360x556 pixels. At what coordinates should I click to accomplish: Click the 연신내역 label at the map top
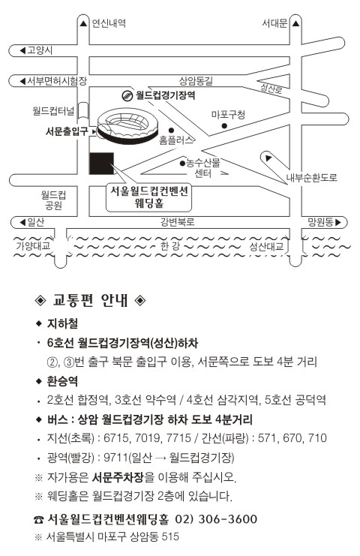[x=109, y=23]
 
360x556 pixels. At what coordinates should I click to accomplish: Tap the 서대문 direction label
[x=274, y=23]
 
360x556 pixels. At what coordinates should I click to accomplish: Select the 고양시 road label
[x=40, y=50]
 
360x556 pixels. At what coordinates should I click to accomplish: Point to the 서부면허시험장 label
[x=58, y=81]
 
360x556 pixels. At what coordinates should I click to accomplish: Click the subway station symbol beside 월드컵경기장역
[x=127, y=95]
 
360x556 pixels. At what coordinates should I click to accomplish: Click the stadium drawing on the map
[x=127, y=126]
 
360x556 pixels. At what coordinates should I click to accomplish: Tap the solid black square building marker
[x=101, y=164]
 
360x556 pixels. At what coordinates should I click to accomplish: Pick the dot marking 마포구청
[x=224, y=125]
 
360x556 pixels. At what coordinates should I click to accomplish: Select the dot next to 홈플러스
[x=172, y=130]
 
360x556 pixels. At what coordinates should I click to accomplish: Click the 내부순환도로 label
[x=312, y=177]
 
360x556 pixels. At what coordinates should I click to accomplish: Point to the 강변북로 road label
[x=178, y=222]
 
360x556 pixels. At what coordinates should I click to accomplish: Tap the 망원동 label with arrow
[x=324, y=222]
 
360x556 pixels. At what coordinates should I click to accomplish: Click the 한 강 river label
[x=170, y=246]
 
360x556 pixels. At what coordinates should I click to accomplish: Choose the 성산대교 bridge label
[x=266, y=246]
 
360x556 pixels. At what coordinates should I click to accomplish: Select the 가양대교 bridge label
[x=33, y=245]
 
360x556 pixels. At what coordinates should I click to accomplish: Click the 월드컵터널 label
[x=53, y=111]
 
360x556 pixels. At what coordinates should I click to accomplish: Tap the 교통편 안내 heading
[x=90, y=300]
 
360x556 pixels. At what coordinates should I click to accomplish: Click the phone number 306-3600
[x=228, y=519]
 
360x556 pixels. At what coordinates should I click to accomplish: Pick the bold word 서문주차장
[x=118, y=477]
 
